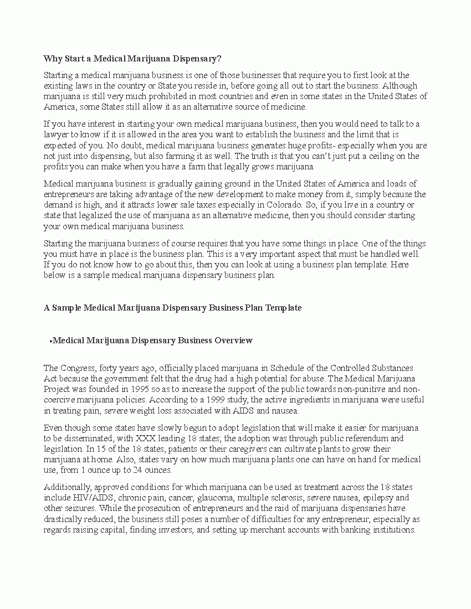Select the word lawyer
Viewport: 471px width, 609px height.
pyautogui.click(x=56, y=135)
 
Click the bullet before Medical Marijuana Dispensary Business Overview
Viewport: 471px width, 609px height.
pyautogui.click(x=50, y=341)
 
